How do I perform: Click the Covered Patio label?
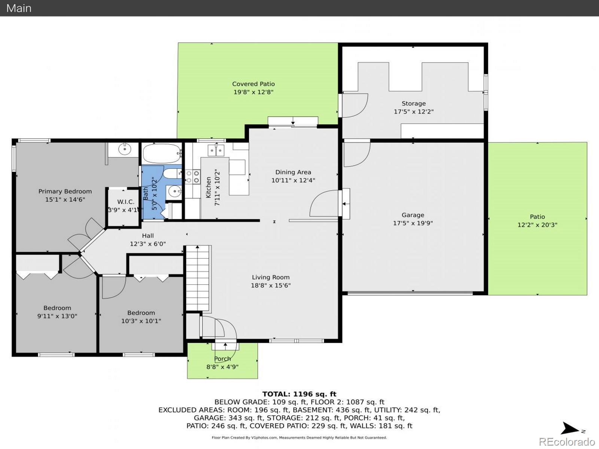(253, 84)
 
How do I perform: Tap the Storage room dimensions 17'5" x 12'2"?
(413, 112)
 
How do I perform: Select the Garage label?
(413, 215)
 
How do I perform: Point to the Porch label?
(222, 359)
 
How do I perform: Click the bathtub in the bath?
(162, 153)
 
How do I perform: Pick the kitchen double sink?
(216, 150)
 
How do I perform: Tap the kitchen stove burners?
(193, 177)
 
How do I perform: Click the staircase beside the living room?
(198, 278)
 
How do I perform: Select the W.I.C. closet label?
(125, 202)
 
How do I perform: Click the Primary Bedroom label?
(65, 191)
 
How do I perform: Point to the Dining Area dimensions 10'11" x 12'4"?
(293, 180)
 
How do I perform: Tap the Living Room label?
(270, 277)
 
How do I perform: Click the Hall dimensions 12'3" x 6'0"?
(148, 244)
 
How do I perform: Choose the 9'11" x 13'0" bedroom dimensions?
(57, 316)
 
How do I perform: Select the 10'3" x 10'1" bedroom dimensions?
(141, 321)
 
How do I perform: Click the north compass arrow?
(570, 428)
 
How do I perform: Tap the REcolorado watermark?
(567, 442)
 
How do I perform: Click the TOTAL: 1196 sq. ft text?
(299, 394)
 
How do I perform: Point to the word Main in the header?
(19, 8)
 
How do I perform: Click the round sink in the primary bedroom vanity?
(125, 149)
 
